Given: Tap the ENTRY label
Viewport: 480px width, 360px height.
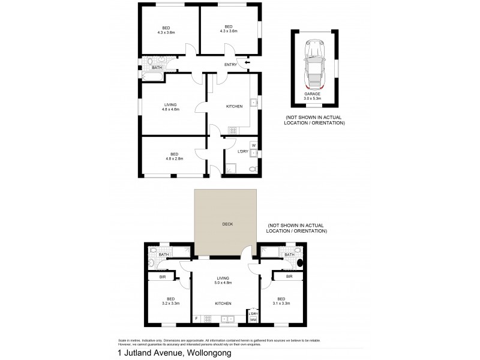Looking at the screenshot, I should tap(230, 64).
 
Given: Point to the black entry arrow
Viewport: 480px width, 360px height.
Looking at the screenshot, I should tap(247, 62).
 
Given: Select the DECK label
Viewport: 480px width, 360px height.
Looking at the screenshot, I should tap(227, 224).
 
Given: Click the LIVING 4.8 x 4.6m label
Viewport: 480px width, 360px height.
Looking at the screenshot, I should tap(170, 107).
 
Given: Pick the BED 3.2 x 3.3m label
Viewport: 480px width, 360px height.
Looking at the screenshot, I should tap(171, 301).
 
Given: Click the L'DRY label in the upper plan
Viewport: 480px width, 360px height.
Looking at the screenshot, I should tap(242, 151).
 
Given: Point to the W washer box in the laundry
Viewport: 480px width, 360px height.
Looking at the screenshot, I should tap(253, 145).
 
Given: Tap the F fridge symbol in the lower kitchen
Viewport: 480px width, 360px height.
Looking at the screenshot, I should tap(196, 318).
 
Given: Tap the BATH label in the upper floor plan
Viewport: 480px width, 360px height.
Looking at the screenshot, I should tap(157, 68).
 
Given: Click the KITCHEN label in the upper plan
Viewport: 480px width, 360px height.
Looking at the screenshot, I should tap(234, 106).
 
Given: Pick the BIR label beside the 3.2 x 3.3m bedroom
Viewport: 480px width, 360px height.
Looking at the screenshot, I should tap(162, 277).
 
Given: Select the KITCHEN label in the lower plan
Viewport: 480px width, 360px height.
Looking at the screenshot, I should tap(223, 304).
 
